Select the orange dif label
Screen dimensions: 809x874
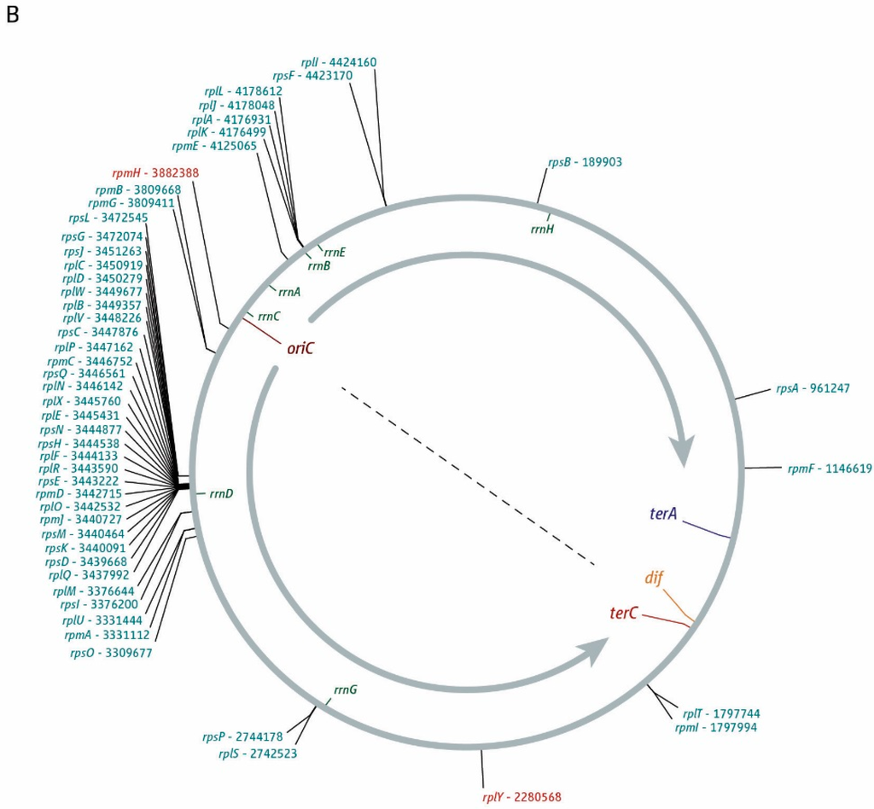click(x=654, y=578)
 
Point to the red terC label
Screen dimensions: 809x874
click(x=625, y=614)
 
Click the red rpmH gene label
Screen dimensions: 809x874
click(x=125, y=172)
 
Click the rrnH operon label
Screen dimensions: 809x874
click(x=542, y=228)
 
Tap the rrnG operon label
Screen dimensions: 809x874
click(x=345, y=689)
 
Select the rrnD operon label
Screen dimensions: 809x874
click(x=221, y=493)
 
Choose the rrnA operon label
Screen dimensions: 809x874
click(x=289, y=291)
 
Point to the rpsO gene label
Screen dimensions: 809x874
click(x=83, y=653)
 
